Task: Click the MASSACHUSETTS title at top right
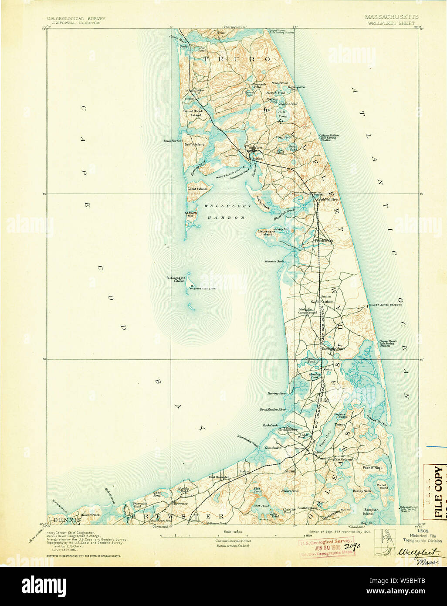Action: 391,17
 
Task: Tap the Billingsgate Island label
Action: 176,279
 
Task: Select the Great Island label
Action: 197,189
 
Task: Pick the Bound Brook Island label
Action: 193,112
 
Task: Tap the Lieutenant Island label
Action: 267,233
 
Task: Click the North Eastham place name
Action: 322,302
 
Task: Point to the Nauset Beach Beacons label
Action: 386,305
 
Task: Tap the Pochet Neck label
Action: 372,467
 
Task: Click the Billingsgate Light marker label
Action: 203,289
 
